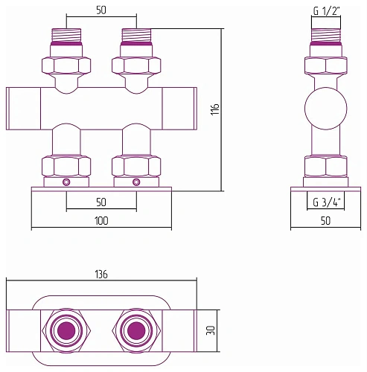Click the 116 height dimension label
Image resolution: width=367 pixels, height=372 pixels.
click(216, 109)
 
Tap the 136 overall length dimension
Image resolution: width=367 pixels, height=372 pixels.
click(101, 275)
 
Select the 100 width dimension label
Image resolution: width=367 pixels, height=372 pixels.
click(101, 221)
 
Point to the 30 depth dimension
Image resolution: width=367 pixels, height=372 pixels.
click(211, 330)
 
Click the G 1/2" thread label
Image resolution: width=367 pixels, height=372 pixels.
click(326, 11)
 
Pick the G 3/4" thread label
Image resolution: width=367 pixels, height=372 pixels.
click(328, 202)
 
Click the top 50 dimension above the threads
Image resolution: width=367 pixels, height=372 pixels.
click(101, 10)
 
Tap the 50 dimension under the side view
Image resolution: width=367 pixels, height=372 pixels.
click(325, 220)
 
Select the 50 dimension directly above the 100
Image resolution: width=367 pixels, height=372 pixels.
click(101, 202)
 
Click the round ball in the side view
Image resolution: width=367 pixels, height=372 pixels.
click(325, 109)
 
